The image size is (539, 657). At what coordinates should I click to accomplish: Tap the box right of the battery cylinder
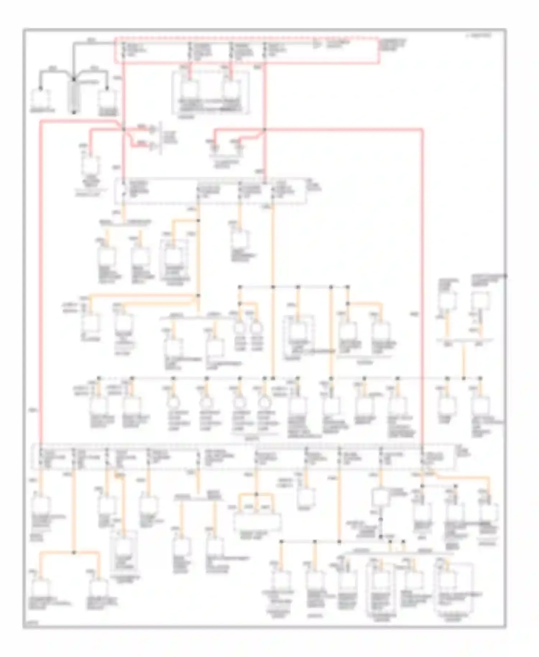coord(107,98)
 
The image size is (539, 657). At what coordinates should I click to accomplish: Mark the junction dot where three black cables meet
coord(74,79)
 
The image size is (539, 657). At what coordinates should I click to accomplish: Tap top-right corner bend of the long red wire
coord(422,129)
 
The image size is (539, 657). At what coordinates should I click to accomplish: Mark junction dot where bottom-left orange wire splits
coord(74,552)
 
